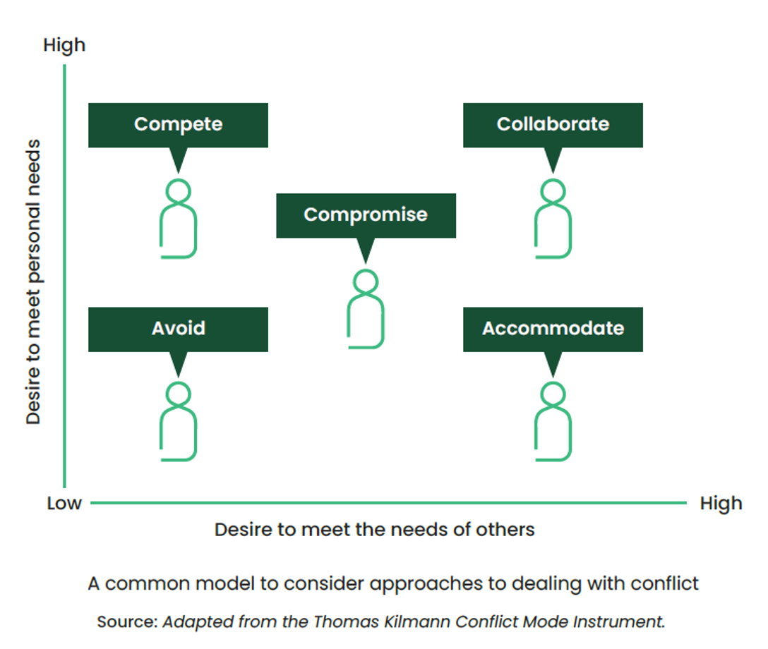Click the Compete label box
178,125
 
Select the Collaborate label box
553,125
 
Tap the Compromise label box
366,215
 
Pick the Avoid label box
178,329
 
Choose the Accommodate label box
553,329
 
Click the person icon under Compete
178,219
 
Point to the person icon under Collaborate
553,219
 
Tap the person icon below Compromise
366,309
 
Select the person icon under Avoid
178,422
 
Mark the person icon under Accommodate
553,422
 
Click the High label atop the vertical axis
64,45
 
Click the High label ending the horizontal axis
721,504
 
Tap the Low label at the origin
64,504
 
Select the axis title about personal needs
33,282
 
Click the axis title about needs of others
374,530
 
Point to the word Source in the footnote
127,622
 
